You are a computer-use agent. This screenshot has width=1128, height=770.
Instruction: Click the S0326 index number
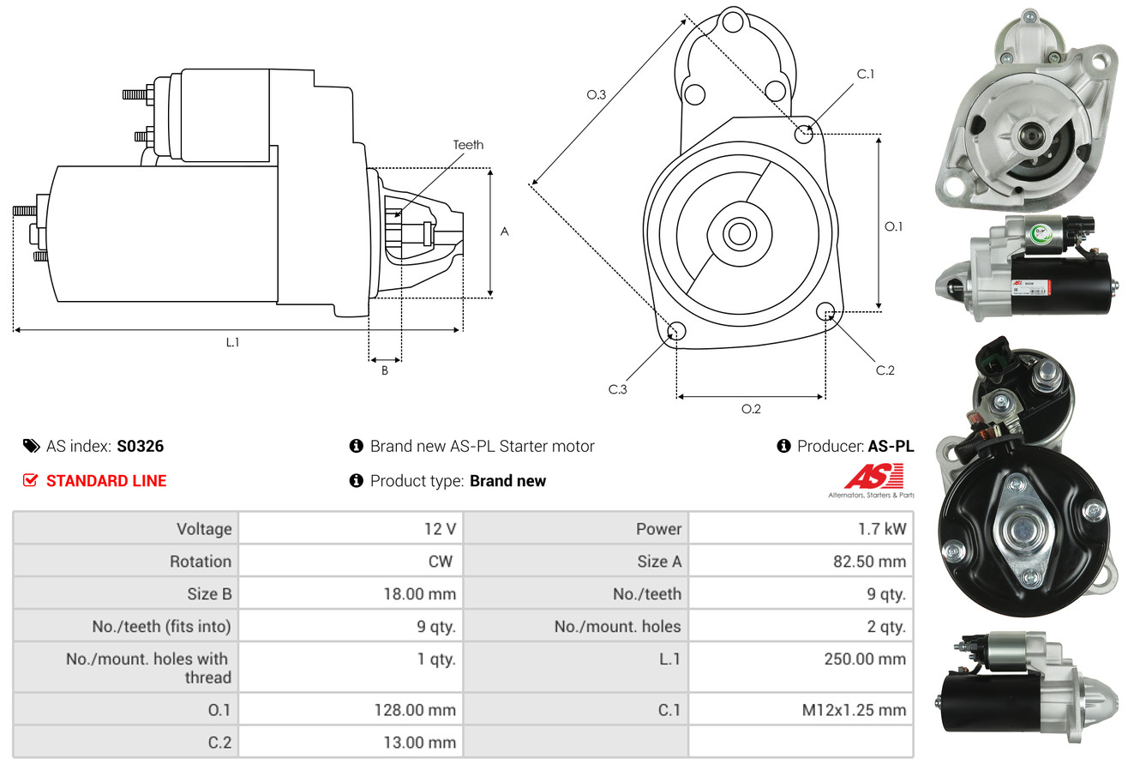pos(140,446)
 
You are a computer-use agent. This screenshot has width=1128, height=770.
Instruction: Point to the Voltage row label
pos(204,528)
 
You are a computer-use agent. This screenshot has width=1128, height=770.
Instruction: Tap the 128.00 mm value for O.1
pos(415,710)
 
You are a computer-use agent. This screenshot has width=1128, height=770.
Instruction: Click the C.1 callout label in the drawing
pos(866,74)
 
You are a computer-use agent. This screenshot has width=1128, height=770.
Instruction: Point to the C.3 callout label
pos(618,389)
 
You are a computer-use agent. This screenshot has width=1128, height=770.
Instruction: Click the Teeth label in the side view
pos(468,145)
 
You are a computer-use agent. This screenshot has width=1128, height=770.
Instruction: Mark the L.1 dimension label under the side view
pos(232,342)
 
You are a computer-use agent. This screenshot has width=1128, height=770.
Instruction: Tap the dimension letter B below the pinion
pos(385,370)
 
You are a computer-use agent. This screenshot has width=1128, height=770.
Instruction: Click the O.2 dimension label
pos(751,409)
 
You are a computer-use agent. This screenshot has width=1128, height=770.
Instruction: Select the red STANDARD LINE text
pos(106,481)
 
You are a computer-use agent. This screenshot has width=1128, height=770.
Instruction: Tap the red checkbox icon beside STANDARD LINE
pos(31,481)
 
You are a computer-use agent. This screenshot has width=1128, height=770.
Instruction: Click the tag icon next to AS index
pos(31,446)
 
